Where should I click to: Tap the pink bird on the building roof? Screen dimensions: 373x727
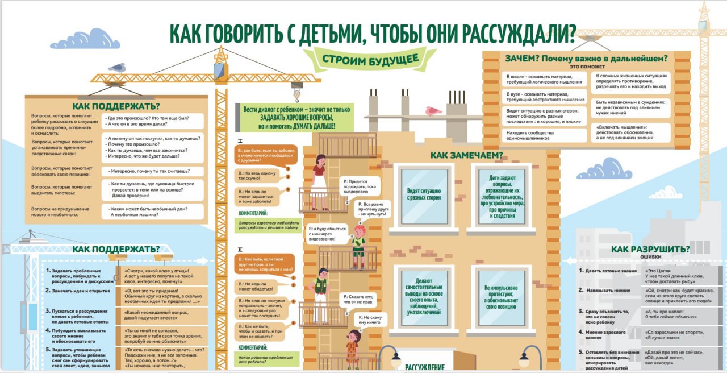tap(434, 111)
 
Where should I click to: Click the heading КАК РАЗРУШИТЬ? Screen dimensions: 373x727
tap(650, 249)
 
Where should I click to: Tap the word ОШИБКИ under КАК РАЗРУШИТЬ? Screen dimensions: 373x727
tap(651, 257)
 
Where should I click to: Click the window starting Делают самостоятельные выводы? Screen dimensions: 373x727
tap(421, 296)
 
